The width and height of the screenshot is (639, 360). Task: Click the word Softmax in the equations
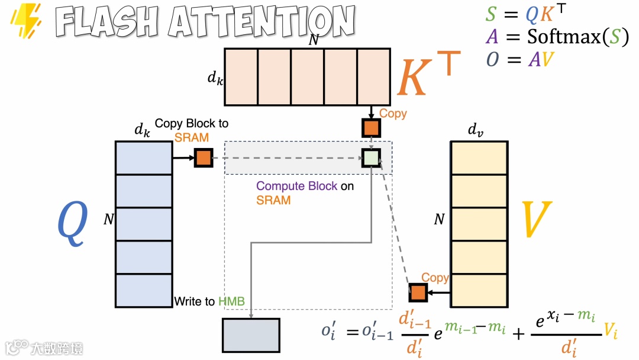[x=564, y=37]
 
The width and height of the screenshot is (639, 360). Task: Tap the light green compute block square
[x=371, y=158]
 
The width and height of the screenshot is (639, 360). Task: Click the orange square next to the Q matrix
[x=203, y=158]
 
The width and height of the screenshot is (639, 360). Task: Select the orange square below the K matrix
[x=371, y=128]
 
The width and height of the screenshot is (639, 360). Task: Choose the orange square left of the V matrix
[x=418, y=292]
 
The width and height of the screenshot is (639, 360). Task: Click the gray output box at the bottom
[x=251, y=336]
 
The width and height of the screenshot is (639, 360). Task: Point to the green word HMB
[x=231, y=301]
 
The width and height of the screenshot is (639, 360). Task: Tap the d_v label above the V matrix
[x=476, y=130]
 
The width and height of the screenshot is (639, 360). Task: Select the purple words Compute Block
[x=296, y=186]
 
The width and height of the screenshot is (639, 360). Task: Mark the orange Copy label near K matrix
[x=393, y=113]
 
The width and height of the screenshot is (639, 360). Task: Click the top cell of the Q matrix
[x=144, y=157]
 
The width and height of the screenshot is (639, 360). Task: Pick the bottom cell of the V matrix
[x=479, y=291]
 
